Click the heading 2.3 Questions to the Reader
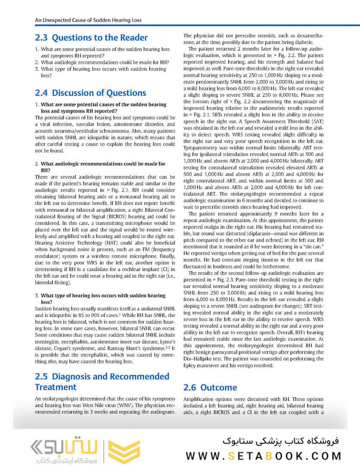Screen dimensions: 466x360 tap(91, 38)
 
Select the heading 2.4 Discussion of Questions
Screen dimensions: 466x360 tap(90, 93)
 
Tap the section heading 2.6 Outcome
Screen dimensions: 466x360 tap(210, 387)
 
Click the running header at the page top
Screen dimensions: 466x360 tap(88, 20)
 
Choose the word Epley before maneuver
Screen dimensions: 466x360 tap(191, 365)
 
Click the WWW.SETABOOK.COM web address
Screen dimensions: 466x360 tap(264, 456)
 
